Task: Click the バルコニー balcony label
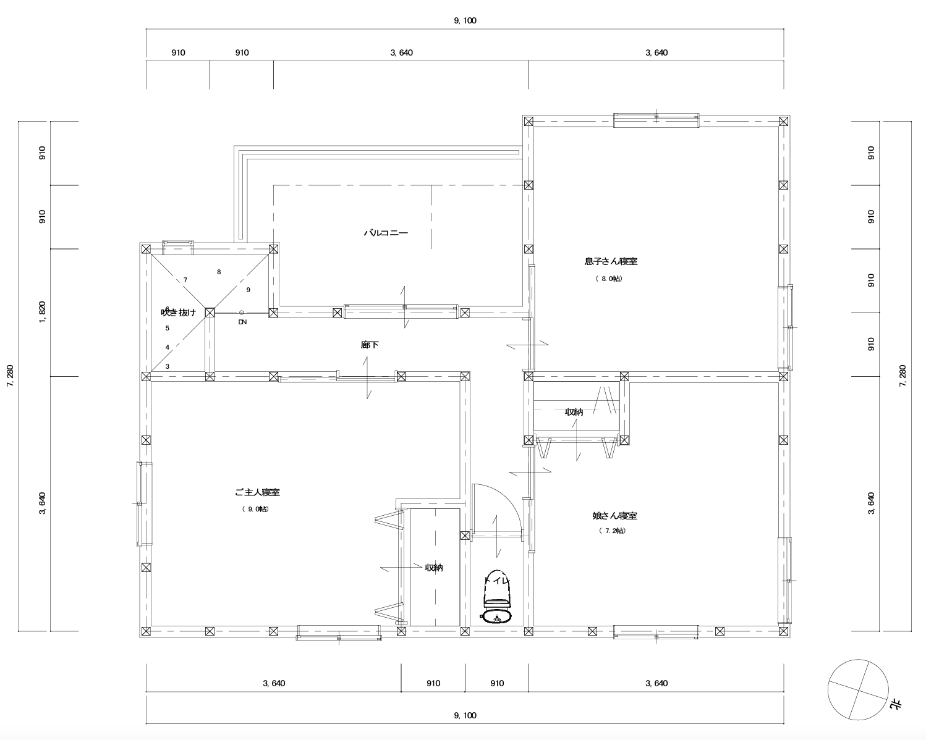click(386, 233)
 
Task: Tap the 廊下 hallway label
click(370, 345)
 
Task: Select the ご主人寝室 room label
click(257, 492)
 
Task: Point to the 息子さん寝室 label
click(611, 261)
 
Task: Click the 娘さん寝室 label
click(614, 516)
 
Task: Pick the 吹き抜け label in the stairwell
click(179, 313)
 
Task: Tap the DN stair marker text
click(243, 322)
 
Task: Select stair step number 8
click(219, 272)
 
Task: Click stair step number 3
click(168, 366)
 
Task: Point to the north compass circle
click(858, 690)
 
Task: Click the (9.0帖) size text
click(255, 509)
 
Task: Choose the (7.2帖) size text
click(613, 531)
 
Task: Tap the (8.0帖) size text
click(610, 279)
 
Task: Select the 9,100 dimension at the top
click(465, 20)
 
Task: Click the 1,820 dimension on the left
click(42, 313)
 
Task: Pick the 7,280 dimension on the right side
click(903, 376)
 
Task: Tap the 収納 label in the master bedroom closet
click(434, 568)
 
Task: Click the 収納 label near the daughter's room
click(574, 412)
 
